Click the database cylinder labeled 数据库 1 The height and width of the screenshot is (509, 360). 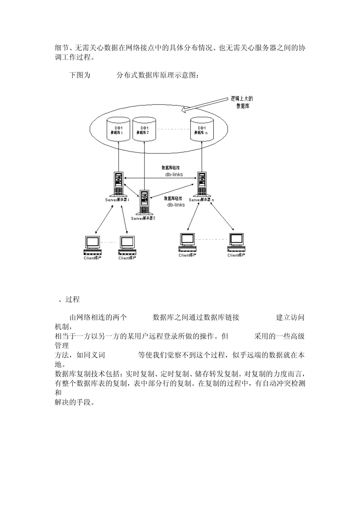coord(119,129)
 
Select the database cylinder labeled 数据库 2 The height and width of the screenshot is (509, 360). coord(144,129)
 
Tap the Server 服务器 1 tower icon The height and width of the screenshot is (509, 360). coord(119,184)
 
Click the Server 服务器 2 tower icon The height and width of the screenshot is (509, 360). coord(144,202)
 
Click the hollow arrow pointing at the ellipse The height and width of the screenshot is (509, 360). coord(205,104)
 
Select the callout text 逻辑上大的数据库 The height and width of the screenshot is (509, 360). coord(242,102)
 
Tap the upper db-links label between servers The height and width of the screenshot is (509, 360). coord(174,175)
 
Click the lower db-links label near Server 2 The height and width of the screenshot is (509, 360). coord(176,205)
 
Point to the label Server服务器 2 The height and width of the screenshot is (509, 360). coord(143,218)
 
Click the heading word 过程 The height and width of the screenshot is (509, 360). coord(72,299)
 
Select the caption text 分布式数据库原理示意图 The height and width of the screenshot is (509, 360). coord(157,75)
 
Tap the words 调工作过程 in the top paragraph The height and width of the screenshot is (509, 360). coord(73,57)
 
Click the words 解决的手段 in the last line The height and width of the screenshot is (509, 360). coord(74,402)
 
